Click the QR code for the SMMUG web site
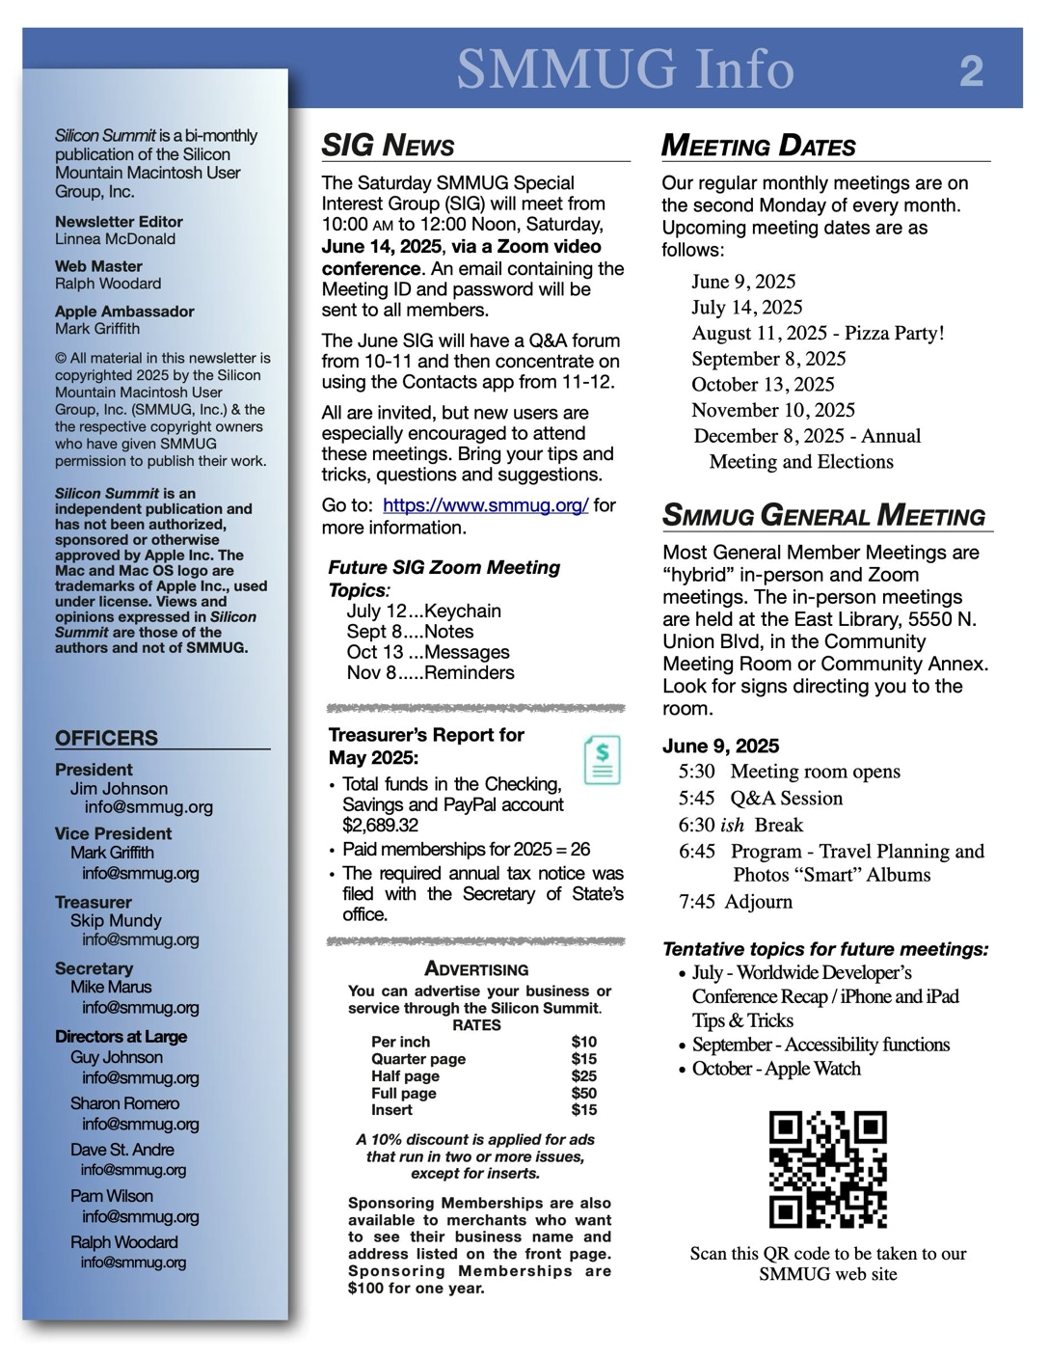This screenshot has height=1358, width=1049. click(x=827, y=1169)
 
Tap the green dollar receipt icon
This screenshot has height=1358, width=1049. click(x=603, y=760)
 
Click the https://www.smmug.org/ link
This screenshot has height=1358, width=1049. click(x=485, y=505)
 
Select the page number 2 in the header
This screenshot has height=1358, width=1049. click(x=971, y=71)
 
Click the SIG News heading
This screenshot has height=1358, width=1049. click(x=388, y=146)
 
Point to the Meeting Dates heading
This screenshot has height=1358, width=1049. click(x=758, y=146)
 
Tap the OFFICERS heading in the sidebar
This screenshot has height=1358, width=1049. click(x=106, y=738)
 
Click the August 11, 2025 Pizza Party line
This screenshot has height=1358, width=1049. click(x=818, y=333)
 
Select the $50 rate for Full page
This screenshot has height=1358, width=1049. click(x=583, y=1093)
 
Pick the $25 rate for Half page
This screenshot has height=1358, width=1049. click(x=583, y=1075)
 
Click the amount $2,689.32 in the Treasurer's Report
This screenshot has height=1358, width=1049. click(x=380, y=826)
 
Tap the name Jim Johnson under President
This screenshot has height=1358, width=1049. click(x=119, y=788)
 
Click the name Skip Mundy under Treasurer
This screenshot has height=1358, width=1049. click(x=116, y=920)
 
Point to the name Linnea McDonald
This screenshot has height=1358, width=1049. click(x=115, y=239)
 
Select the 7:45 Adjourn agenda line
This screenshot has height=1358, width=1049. click(x=735, y=902)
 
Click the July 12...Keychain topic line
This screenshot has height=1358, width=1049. click(x=423, y=611)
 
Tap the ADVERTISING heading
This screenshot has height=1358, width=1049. click(x=476, y=969)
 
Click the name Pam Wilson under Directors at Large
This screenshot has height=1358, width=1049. click(x=111, y=1196)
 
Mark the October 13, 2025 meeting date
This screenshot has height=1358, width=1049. click(x=763, y=384)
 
